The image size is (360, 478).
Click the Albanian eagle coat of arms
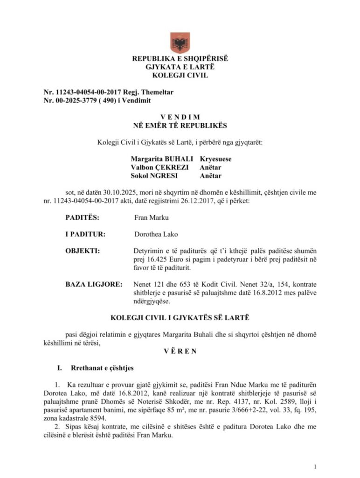click(x=180, y=42)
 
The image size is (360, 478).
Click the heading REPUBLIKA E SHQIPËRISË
click(x=180, y=59)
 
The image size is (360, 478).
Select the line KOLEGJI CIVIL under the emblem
click(x=180, y=75)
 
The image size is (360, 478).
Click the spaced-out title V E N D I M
click(x=180, y=117)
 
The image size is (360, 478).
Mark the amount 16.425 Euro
click(x=164, y=260)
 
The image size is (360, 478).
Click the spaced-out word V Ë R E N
click(x=180, y=351)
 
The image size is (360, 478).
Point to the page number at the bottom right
click(x=316, y=466)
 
